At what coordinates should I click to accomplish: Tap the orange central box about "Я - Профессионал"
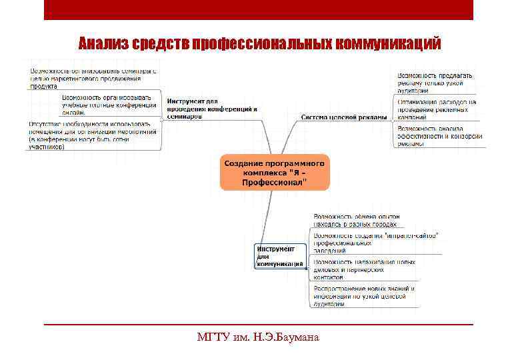[x=274, y=172]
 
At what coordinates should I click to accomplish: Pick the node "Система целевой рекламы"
[x=343, y=117]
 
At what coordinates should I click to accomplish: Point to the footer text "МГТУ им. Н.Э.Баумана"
[x=259, y=337]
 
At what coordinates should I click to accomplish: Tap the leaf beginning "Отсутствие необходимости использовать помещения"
[x=94, y=135]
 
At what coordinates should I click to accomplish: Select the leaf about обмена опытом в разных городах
[x=357, y=221]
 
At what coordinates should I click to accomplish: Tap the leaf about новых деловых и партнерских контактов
[x=364, y=269]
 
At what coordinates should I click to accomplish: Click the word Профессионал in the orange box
[x=274, y=181]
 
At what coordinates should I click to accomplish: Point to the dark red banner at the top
[x=259, y=9]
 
